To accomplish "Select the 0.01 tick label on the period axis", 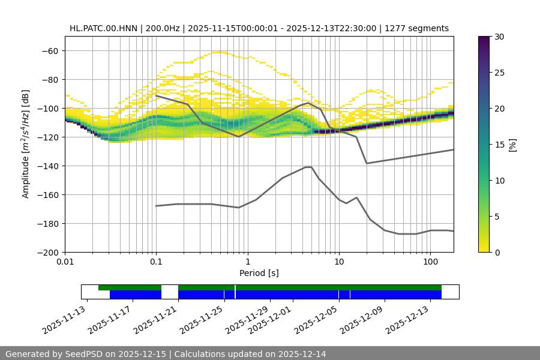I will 65,262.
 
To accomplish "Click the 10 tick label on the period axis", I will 338,262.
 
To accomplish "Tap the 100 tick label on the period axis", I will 430,262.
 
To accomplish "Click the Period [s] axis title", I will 259,273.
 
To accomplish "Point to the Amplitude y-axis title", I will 26,144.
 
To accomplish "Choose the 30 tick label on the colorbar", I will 500,37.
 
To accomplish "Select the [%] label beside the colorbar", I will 512,145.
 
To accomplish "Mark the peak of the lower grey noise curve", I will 308,167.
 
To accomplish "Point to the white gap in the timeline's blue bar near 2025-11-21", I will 170,295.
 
